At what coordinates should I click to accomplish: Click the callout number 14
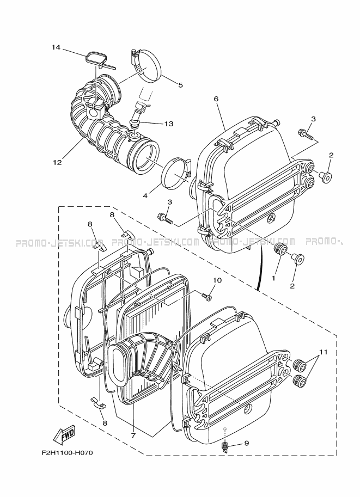55,47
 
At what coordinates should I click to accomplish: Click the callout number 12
57,162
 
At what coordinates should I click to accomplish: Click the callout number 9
246,443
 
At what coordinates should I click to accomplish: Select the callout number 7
133,435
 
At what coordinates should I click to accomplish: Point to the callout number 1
274,277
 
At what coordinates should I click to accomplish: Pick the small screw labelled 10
206,297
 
